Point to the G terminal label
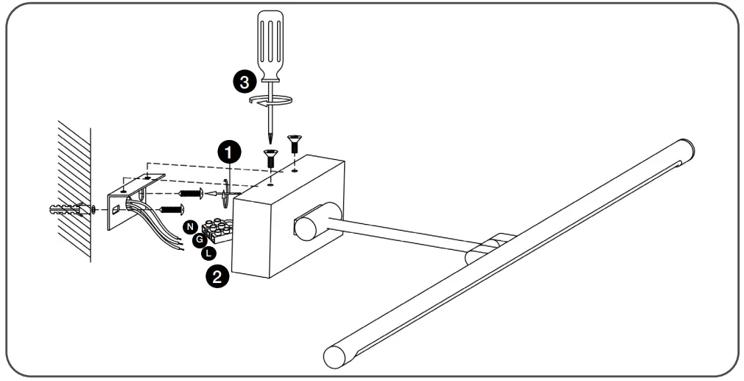(199, 240)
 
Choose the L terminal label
(209, 254)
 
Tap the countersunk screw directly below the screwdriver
(270, 156)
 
